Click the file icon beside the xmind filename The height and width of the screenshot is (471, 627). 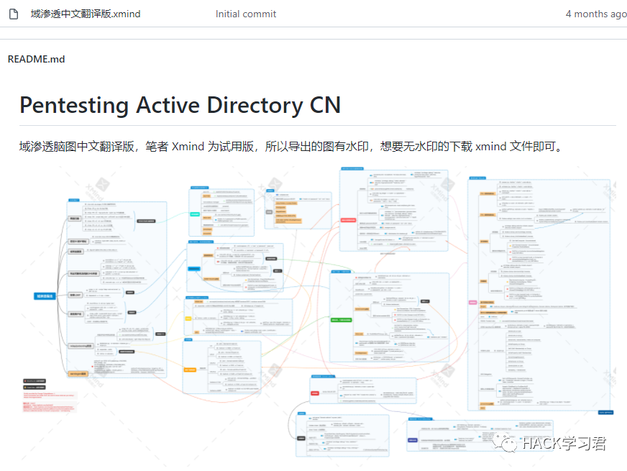[13, 14]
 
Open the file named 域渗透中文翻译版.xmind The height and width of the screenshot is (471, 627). [86, 14]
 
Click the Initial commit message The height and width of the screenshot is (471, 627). [245, 14]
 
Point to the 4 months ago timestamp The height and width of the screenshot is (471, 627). [595, 14]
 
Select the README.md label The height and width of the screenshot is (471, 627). [36, 59]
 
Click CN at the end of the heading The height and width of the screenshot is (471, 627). [325, 105]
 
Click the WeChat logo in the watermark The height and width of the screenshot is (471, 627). [508, 442]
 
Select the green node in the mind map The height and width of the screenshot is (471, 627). [340, 319]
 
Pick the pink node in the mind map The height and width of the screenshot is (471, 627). [472, 302]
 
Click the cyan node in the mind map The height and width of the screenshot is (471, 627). [195, 214]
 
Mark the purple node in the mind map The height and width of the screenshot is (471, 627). [413, 439]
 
